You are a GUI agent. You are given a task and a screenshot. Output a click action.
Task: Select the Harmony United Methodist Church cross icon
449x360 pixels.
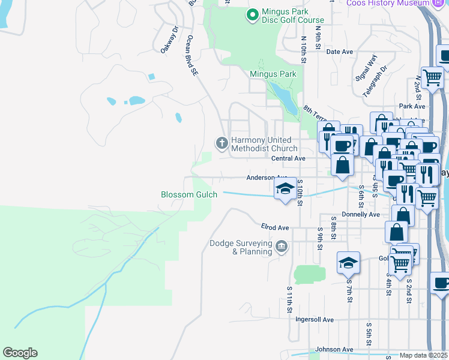pyautogui.click(x=221, y=143)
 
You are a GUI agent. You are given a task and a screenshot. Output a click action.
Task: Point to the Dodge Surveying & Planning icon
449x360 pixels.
pyautogui.click(x=281, y=246)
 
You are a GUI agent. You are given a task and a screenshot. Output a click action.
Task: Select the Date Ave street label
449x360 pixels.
pyautogui.click(x=339, y=52)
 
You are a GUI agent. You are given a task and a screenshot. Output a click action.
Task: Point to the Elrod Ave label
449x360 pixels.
pyautogui.click(x=275, y=228)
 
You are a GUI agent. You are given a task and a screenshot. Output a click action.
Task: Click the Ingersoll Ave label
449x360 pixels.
pyautogui.click(x=315, y=320)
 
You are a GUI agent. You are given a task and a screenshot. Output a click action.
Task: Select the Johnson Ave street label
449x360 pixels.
pyautogui.click(x=334, y=349)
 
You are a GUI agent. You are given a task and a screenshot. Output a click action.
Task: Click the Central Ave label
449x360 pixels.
pyautogui.click(x=289, y=158)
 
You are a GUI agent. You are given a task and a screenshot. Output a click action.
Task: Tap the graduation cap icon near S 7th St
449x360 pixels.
pyautogui.click(x=348, y=263)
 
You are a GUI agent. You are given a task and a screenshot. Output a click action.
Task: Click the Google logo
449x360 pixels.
pyautogui.click(x=20, y=353)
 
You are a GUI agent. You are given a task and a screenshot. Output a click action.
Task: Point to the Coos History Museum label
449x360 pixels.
pyautogui.click(x=388, y=3)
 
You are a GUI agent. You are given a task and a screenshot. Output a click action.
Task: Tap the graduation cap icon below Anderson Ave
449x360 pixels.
pyautogui.click(x=285, y=189)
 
